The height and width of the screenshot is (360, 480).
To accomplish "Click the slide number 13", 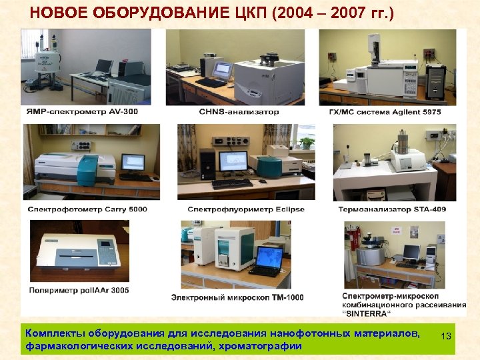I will [x=446, y=337].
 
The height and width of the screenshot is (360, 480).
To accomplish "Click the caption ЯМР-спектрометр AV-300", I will [x=83, y=111].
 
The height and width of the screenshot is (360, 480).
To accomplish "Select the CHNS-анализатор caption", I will [x=239, y=111].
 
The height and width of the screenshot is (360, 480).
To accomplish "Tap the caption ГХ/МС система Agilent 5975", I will [x=390, y=111].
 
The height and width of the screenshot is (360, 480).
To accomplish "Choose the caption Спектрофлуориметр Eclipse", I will [x=246, y=209].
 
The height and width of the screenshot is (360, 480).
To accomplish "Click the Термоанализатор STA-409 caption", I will [x=393, y=209].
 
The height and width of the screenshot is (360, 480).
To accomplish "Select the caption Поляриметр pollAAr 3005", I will [x=79, y=290].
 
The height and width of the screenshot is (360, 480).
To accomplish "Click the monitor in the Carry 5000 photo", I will [x=133, y=162].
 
